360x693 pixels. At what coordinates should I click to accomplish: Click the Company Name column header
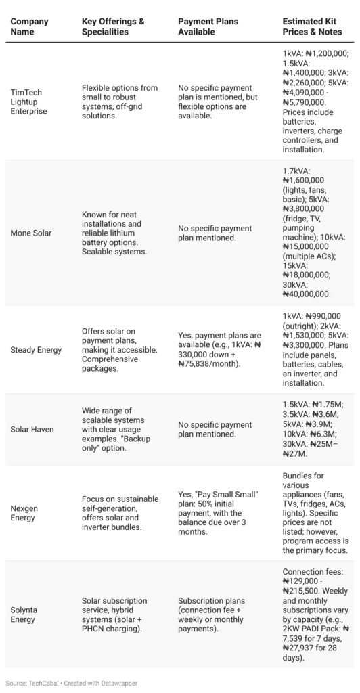[29, 26]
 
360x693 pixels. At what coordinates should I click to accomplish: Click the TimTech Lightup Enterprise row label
[29, 102]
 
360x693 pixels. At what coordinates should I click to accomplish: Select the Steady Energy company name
[37, 350]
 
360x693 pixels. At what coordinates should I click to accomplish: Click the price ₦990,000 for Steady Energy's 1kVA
[324, 316]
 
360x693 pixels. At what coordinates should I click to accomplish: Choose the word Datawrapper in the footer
[120, 683]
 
